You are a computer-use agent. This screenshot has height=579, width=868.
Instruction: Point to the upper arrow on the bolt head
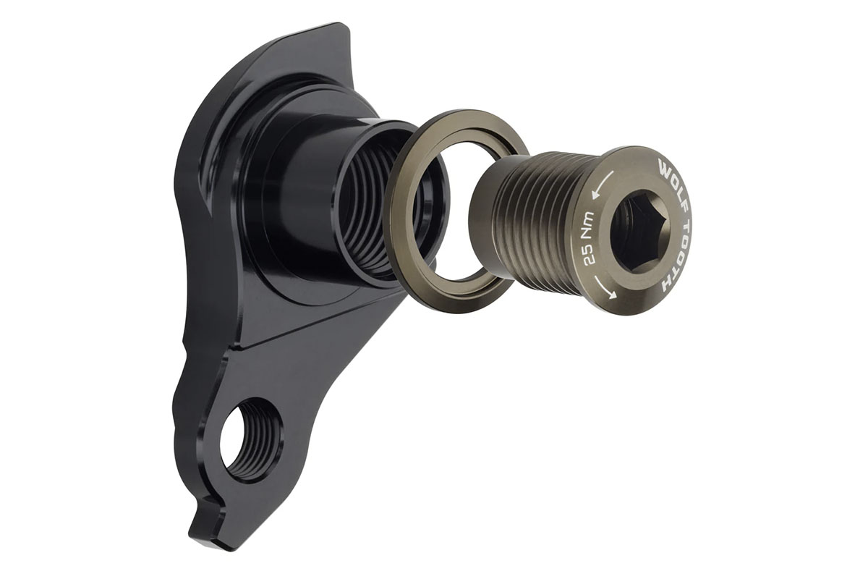[x=602, y=184]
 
